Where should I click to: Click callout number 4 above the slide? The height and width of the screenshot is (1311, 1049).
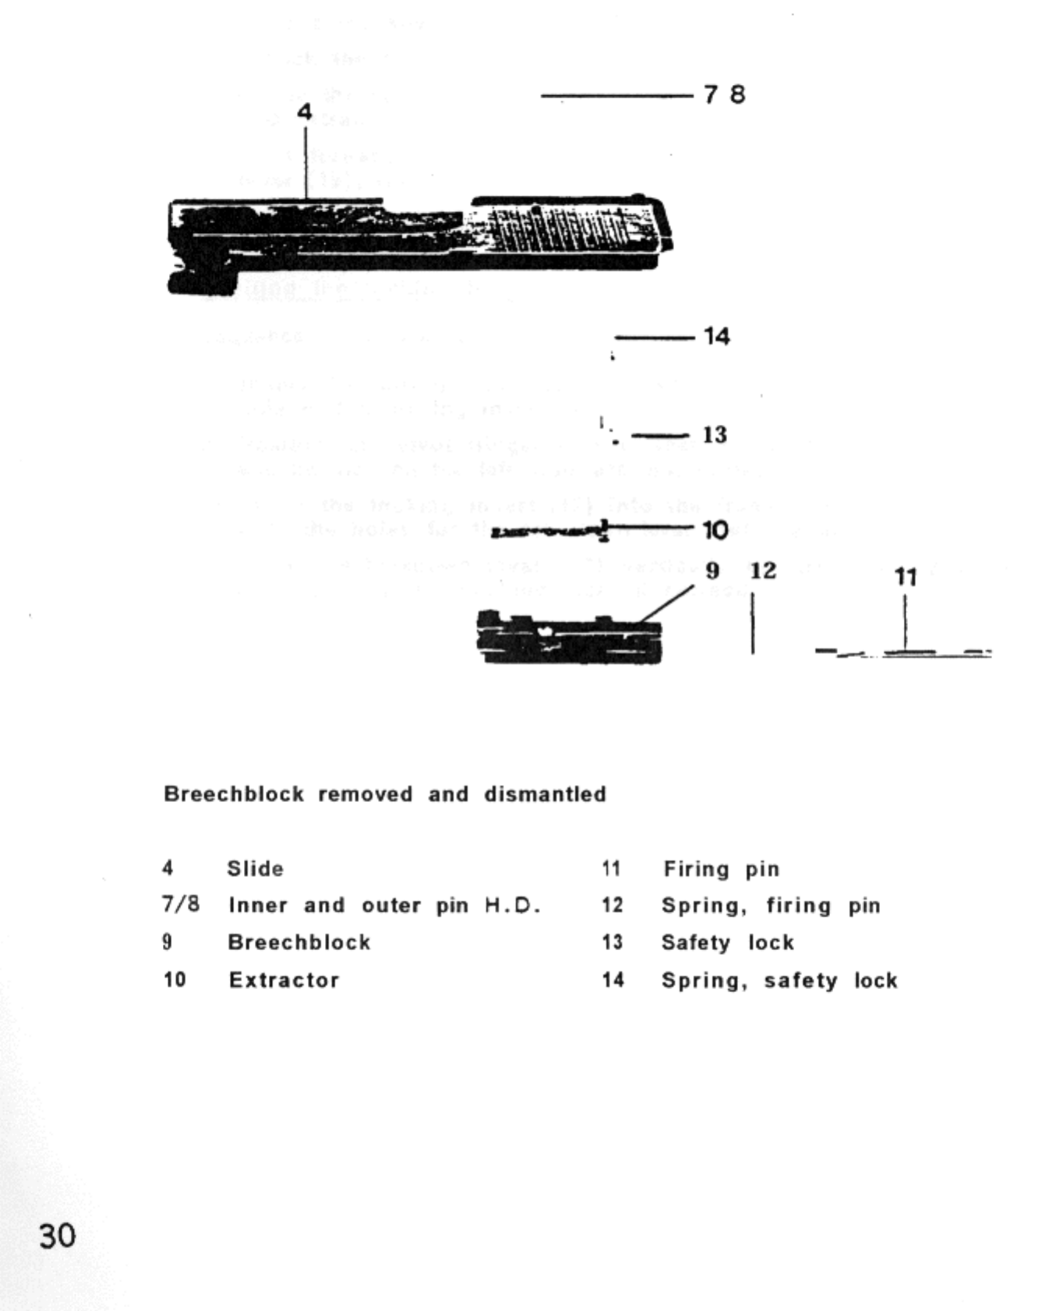[x=304, y=112]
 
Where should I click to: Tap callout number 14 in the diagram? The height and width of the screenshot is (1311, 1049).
[x=716, y=337]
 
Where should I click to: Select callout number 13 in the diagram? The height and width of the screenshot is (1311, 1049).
[x=715, y=434]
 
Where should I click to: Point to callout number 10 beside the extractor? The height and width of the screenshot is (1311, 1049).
[x=715, y=530]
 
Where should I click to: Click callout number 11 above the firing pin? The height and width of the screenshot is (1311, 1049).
[x=905, y=577]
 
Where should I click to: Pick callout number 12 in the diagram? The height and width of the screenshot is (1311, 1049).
[x=763, y=571]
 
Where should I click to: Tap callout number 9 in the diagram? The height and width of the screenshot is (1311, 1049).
[x=712, y=571]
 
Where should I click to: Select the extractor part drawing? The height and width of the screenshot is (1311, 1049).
[x=546, y=532]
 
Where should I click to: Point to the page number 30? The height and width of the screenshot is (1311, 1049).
[x=58, y=1236]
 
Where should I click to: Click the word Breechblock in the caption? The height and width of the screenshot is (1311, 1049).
[x=234, y=794]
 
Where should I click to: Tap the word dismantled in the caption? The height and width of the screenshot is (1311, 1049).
[x=545, y=794]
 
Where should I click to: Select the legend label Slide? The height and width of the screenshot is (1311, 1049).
[x=255, y=868]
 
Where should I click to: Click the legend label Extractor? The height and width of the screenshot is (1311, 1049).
[x=284, y=980]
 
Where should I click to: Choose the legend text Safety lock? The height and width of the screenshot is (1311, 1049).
[x=727, y=942]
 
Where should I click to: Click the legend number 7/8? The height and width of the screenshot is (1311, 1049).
[x=181, y=905]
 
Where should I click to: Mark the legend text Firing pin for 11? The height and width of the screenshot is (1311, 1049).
[x=721, y=868]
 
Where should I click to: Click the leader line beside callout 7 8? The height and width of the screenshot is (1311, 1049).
[x=616, y=96]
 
